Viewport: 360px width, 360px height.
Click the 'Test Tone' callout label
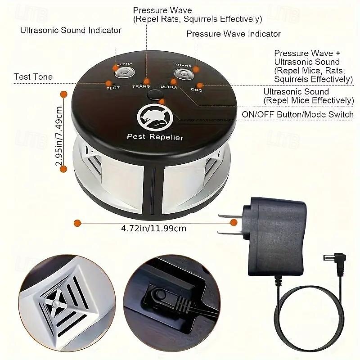pyautogui.click(x=33, y=76)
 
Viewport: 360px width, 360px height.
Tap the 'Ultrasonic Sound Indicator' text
pyautogui.click(x=71, y=30)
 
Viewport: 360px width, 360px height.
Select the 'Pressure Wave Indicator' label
pyautogui.click(x=234, y=34)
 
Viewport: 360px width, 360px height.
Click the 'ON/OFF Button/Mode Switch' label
pyautogui.click(x=298, y=114)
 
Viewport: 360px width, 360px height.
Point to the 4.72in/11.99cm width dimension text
pyautogui.click(x=153, y=229)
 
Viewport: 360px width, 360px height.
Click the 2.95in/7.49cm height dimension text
pyautogui.click(x=59, y=136)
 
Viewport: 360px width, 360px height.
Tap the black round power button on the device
pyautogui.click(x=154, y=94)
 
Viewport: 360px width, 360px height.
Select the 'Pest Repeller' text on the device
pyautogui.click(x=155, y=137)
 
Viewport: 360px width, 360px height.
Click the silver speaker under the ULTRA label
pyautogui.click(x=125, y=73)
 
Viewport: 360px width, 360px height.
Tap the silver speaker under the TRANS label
pyautogui.click(x=184, y=74)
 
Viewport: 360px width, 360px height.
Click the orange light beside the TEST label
pyautogui.click(x=108, y=83)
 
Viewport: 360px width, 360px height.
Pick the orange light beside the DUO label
pyautogui.click(x=200, y=85)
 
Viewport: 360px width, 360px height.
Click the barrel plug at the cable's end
pyautogui.click(x=334, y=258)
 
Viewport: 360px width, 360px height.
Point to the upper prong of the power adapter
pyautogui.click(x=230, y=216)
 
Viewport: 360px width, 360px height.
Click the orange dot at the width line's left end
pyautogui.click(x=77, y=223)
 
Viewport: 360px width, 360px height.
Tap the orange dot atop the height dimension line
pyautogui.click(x=63, y=94)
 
